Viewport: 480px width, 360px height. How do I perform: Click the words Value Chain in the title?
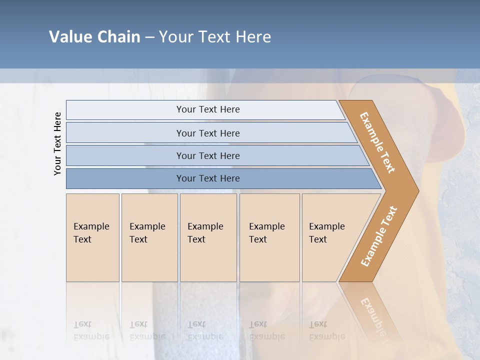(94, 37)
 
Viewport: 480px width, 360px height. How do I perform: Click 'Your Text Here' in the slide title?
(215, 37)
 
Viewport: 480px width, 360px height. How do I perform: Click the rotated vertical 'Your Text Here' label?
(57, 144)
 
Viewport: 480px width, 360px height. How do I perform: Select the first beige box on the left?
(92, 237)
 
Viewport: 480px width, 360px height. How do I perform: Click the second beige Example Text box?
(149, 237)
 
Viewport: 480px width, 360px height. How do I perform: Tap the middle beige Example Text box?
(208, 237)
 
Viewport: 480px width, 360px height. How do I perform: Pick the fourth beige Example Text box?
(269, 237)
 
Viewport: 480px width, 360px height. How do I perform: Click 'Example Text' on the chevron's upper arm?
(377, 142)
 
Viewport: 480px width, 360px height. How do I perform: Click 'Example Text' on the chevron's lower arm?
(378, 236)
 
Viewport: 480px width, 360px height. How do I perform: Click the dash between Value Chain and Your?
(149, 37)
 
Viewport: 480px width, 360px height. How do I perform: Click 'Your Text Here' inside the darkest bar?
(208, 178)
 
